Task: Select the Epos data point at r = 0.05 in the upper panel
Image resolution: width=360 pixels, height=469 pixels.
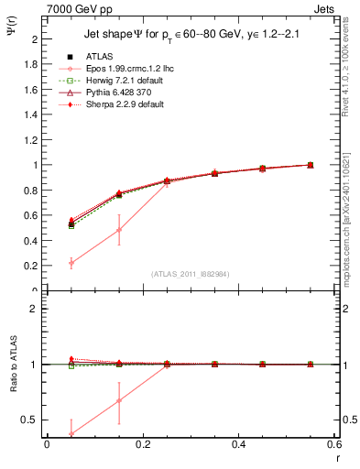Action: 71,263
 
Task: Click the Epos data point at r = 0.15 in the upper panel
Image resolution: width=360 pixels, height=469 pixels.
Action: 119,229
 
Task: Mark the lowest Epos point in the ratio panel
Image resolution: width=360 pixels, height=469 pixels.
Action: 71,434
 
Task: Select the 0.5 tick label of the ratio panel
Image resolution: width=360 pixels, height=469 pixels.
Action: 29,420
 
